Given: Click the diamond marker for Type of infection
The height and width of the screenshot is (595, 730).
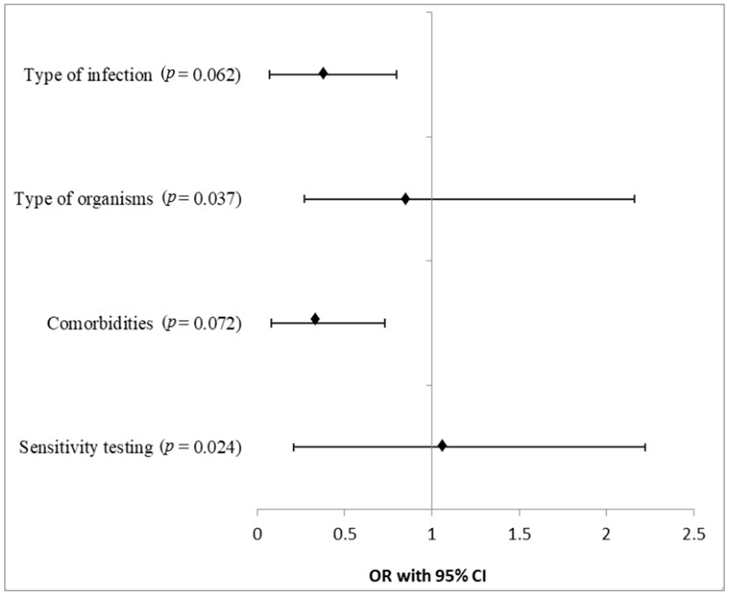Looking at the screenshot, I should (x=323, y=74).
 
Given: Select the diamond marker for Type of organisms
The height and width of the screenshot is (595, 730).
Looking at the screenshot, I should (x=406, y=199).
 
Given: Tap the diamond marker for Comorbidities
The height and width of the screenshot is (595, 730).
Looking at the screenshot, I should (x=315, y=319).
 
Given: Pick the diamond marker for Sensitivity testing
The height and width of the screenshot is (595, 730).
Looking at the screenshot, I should (x=442, y=446).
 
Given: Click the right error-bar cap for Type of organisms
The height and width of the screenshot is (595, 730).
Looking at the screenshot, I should (x=635, y=199).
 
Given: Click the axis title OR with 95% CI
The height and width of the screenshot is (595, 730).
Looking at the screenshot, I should (x=427, y=576).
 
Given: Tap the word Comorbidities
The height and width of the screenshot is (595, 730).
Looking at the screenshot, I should (x=100, y=323).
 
